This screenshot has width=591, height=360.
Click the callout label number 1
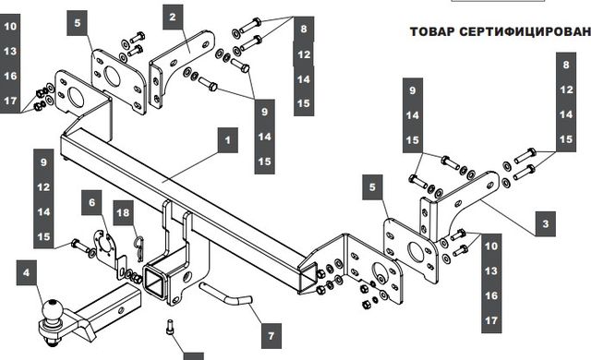pyautogui.click(x=228, y=140)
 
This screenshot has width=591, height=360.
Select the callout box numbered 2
pyautogui.click(x=173, y=17)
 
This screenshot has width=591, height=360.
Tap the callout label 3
pyautogui.click(x=546, y=224)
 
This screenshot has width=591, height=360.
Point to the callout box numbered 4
pyautogui.click(x=27, y=272)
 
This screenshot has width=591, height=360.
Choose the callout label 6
pyautogui.click(x=92, y=202)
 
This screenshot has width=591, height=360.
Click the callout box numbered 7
pyautogui.click(x=271, y=335)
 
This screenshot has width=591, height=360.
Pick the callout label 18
pyautogui.click(x=123, y=212)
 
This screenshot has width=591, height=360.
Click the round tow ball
pyautogui.click(x=52, y=309)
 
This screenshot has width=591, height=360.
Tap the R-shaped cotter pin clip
pyautogui.click(x=139, y=247)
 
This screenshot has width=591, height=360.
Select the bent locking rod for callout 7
pyautogui.click(x=225, y=294)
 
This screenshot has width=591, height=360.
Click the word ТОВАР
pyautogui.click(x=432, y=31)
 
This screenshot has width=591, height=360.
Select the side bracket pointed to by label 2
pyautogui.click(x=181, y=67)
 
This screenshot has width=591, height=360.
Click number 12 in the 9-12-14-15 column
pyautogui.click(x=43, y=187)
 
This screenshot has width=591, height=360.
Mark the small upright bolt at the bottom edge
pyautogui.click(x=170, y=326)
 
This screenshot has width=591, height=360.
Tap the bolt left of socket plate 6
pyautogui.click(x=80, y=246)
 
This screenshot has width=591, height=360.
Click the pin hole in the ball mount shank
pyautogui.click(x=121, y=311)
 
